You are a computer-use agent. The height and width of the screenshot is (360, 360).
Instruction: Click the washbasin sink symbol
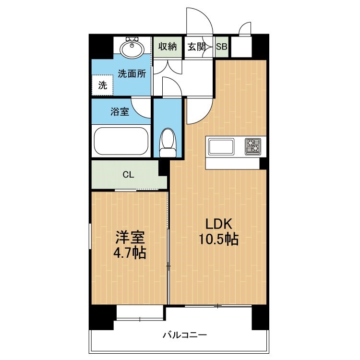click(133, 48)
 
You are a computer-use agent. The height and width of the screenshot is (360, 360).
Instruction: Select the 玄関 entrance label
click(196, 47)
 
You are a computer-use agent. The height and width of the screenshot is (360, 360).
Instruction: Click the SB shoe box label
click(222, 47)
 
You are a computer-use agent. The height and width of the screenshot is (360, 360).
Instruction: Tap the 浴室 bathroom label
click(120, 112)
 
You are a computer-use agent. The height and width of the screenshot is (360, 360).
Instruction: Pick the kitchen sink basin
click(221, 146)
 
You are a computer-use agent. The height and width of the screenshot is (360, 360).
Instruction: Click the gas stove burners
click(253, 146)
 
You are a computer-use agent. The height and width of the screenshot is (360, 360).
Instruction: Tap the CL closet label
click(128, 174)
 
